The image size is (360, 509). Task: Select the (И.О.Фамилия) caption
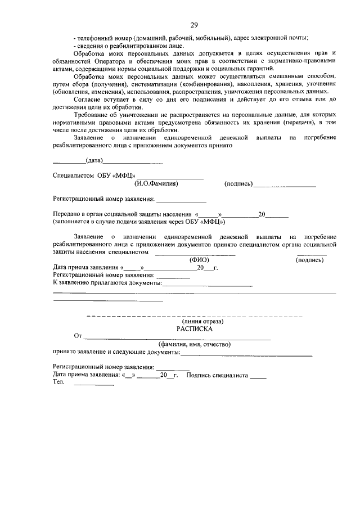(x=156, y=183)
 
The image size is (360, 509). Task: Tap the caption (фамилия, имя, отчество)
(x=194, y=344)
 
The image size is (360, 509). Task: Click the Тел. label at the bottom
(x=58, y=382)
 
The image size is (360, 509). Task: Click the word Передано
(x=67, y=214)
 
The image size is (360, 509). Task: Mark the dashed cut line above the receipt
(x=194, y=316)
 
